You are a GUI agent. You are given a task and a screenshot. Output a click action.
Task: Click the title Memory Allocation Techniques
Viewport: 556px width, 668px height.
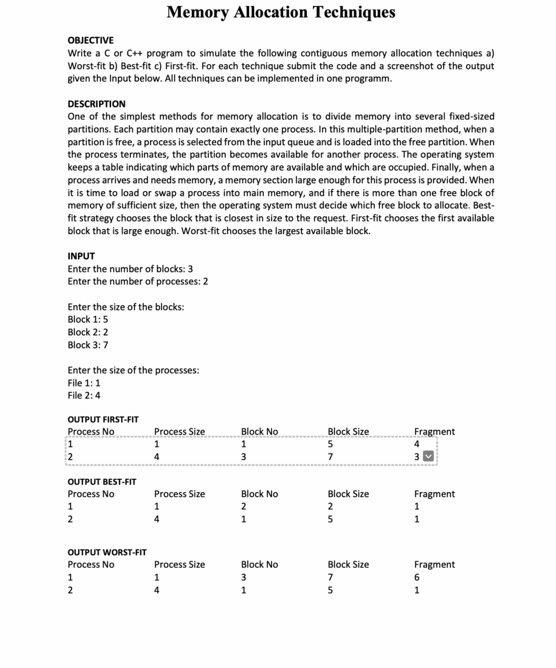pyautogui.click(x=281, y=12)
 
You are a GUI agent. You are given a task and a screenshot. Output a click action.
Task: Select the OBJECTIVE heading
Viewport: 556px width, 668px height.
pyautogui.click(x=90, y=40)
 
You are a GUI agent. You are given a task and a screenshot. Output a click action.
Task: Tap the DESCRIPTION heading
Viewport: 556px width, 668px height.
pyautogui.click(x=97, y=104)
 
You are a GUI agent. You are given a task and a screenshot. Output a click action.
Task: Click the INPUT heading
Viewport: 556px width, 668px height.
pyautogui.click(x=81, y=256)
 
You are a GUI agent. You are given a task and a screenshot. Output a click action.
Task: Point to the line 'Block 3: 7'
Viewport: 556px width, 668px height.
pyautogui.click(x=88, y=345)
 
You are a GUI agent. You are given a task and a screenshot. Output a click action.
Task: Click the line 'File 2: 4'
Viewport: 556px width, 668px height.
pyautogui.click(x=84, y=395)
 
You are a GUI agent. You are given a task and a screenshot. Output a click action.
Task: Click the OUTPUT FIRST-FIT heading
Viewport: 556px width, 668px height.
pyautogui.click(x=103, y=420)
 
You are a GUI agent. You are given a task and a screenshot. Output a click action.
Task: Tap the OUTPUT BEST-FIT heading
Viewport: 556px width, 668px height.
pyautogui.click(x=102, y=482)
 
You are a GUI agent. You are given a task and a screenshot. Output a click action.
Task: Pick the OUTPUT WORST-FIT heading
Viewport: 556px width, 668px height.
pyautogui.click(x=107, y=553)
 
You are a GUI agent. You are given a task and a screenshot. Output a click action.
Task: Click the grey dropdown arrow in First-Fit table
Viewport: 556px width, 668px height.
pyautogui.click(x=428, y=457)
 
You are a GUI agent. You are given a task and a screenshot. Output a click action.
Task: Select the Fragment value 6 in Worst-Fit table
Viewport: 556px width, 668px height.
pyautogui.click(x=417, y=577)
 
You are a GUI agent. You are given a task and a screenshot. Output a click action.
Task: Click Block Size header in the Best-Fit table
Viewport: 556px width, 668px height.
pyautogui.click(x=348, y=494)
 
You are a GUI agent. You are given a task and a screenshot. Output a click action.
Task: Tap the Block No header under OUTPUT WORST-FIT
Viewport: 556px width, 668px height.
pyautogui.click(x=259, y=565)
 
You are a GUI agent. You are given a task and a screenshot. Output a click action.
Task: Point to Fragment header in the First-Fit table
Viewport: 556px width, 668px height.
pyautogui.click(x=434, y=432)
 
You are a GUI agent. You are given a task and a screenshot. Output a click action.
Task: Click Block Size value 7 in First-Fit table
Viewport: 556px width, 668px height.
pyautogui.click(x=330, y=457)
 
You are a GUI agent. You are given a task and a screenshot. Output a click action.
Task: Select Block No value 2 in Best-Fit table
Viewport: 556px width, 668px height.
pyautogui.click(x=243, y=506)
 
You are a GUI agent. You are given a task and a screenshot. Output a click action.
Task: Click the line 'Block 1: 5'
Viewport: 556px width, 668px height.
pyautogui.click(x=88, y=319)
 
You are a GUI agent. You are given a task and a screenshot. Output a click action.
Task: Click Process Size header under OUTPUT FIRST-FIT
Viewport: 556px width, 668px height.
pyautogui.click(x=179, y=432)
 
